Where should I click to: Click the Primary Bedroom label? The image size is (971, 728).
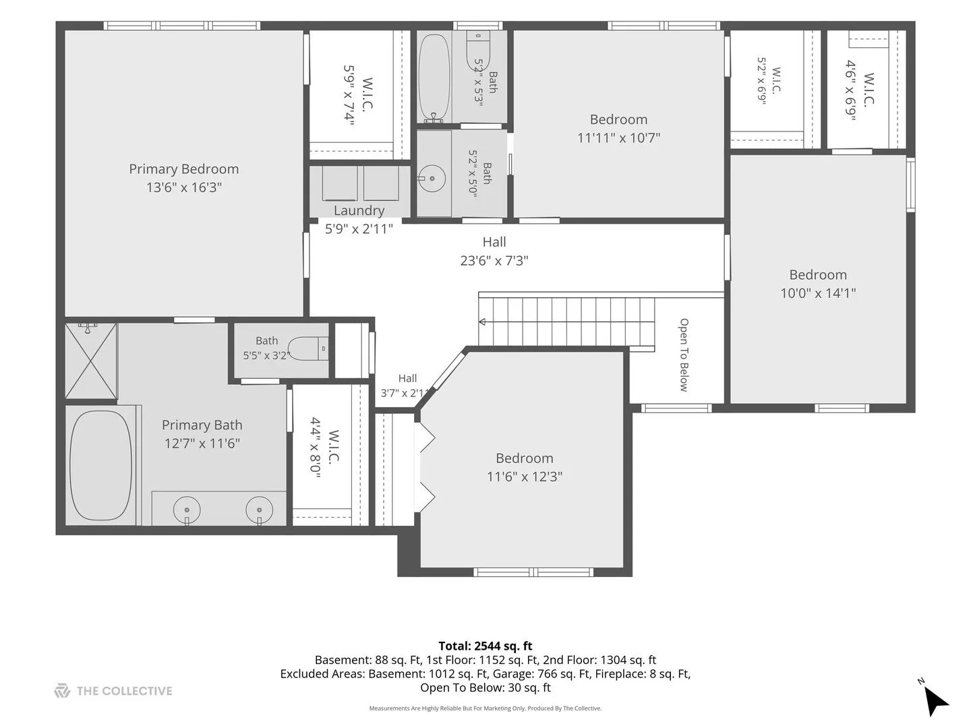pos(183,169)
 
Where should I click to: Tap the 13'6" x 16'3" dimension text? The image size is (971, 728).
pos(183,187)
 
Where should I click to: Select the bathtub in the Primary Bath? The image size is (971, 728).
pos(101,465)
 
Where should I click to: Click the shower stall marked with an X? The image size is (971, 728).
pos(91,361)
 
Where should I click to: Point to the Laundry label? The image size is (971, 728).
pos(359,211)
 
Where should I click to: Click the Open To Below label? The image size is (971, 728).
pos(684,355)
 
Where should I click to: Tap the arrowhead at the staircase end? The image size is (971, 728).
pos(482,322)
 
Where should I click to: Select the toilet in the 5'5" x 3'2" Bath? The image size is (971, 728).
pos(308,348)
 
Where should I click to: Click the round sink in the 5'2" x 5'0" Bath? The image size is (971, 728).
pos(432,179)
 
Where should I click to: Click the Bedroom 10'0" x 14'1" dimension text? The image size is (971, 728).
pos(818,293)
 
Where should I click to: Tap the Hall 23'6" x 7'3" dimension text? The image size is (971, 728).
pos(494,261)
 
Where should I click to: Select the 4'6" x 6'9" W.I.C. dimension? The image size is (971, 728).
pos(850,90)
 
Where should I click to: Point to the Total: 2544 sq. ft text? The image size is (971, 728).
pos(486,646)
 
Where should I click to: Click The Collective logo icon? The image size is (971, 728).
pos(62,690)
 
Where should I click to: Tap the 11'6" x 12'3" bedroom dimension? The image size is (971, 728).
pos(524,477)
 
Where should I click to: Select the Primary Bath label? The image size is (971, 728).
pos(202,425)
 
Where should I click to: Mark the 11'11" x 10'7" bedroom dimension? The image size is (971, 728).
pos(618,138)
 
